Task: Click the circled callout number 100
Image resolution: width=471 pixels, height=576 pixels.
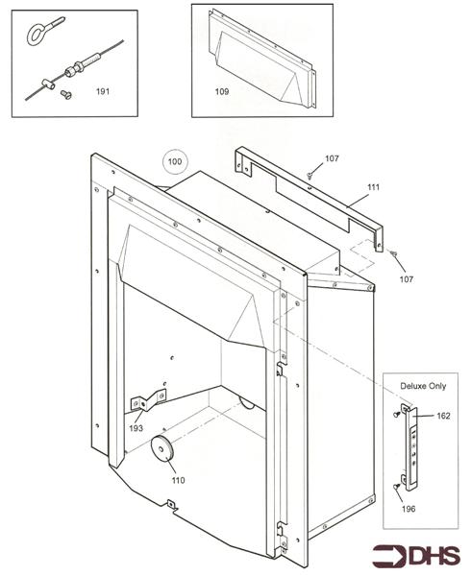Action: (174, 162)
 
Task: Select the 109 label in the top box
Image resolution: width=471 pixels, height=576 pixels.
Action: (221, 93)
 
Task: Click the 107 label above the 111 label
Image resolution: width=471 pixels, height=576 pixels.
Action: (332, 157)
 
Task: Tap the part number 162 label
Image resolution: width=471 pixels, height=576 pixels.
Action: (442, 416)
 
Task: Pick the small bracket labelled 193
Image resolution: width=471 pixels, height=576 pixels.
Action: (147, 401)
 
